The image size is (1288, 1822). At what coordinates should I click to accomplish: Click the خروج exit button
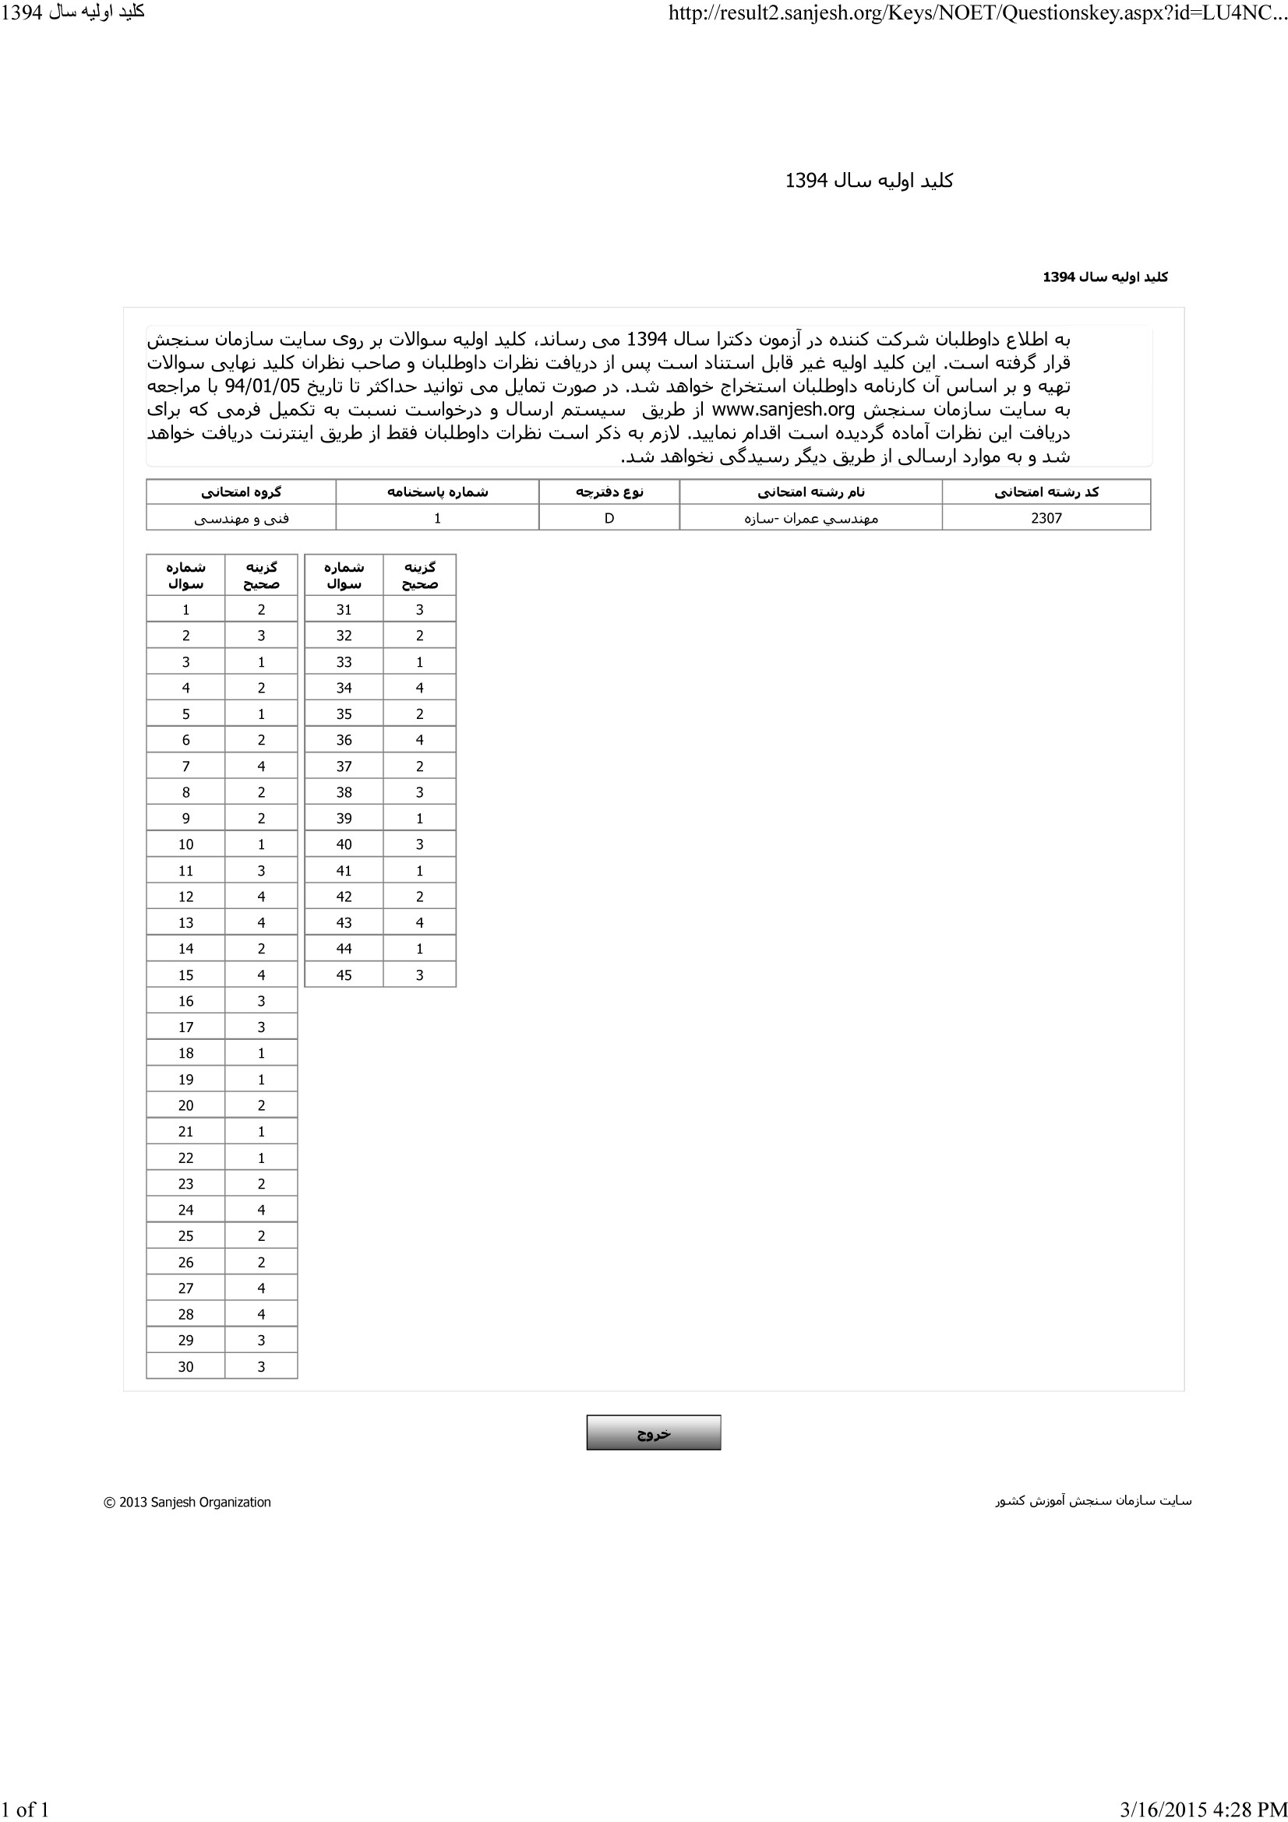pyautogui.click(x=653, y=1433)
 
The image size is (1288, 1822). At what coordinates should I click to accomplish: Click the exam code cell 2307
pyautogui.click(x=1046, y=518)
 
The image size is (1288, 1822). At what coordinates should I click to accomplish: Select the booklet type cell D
pyautogui.click(x=609, y=518)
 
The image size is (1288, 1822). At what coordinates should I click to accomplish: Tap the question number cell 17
pyautogui.click(x=185, y=1027)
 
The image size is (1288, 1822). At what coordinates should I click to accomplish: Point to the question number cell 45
pyautogui.click(x=344, y=975)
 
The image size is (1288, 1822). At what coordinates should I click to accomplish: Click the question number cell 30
pyautogui.click(x=185, y=1366)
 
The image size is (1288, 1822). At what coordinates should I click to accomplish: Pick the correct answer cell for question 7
pyautogui.click(x=261, y=767)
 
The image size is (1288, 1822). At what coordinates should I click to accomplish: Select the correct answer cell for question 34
pyautogui.click(x=420, y=688)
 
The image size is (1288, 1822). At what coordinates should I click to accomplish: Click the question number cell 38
pyautogui.click(x=344, y=792)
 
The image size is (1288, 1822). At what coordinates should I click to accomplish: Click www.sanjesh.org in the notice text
pyautogui.click(x=783, y=411)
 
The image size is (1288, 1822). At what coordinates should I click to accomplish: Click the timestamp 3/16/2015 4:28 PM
pyautogui.click(x=1203, y=1810)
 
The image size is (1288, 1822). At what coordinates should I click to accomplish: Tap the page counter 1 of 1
pyautogui.click(x=26, y=1810)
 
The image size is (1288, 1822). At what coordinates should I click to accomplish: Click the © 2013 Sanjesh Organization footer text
pyautogui.click(x=187, y=1502)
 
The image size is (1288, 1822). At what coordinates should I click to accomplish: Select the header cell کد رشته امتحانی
pyautogui.click(x=1046, y=492)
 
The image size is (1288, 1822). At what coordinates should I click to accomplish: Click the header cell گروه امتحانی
pyautogui.click(x=242, y=492)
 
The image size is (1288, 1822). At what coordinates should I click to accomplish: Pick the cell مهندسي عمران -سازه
pyautogui.click(x=810, y=518)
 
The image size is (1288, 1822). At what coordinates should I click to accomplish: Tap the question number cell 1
pyautogui.click(x=185, y=609)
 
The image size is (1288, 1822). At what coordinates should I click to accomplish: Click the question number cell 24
pyautogui.click(x=185, y=1211)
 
